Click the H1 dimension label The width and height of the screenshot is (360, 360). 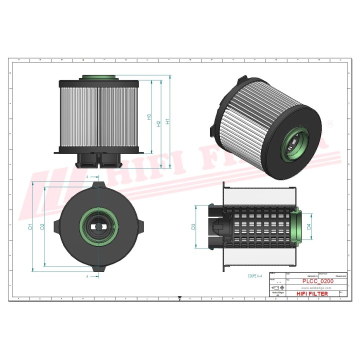pyautogui.click(x=168, y=121)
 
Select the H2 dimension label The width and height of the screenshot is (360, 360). pyautogui.click(x=158, y=123)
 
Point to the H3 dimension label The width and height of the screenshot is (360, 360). pyautogui.click(x=149, y=116)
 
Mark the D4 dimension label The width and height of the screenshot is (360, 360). pyautogui.click(x=309, y=226)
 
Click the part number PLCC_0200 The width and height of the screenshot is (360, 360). pyautogui.click(x=315, y=281)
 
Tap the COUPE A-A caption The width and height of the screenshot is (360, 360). pyautogui.click(x=255, y=275)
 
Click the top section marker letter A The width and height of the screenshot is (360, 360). pyautogui.click(x=87, y=177)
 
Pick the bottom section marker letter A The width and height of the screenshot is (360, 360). pyautogui.click(x=87, y=276)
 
